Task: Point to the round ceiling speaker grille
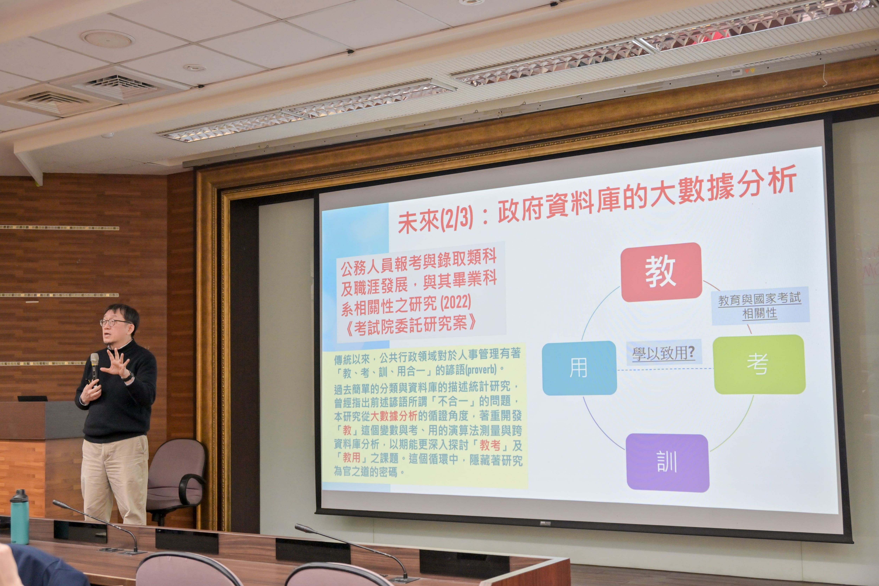pos(107,39)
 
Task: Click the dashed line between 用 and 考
pos(665,369)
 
